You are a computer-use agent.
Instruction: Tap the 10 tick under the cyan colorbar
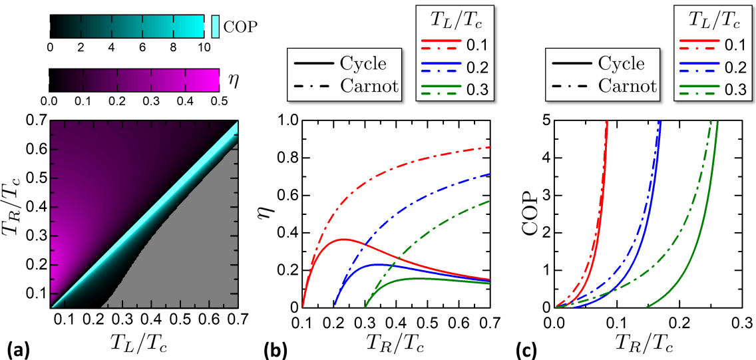point(204,48)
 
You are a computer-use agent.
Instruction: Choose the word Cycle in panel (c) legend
point(622,63)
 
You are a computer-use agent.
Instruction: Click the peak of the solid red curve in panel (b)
point(342,239)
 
